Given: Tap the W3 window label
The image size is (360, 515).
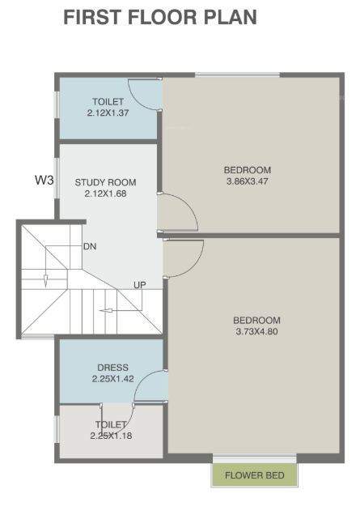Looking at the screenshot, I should (44, 180).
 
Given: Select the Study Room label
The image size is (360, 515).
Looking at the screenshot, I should (105, 182).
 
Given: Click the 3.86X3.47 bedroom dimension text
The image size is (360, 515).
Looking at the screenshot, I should (247, 181).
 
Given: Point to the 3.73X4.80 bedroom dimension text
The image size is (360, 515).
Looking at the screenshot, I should (256, 330).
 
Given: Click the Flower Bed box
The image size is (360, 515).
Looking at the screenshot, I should (254, 475).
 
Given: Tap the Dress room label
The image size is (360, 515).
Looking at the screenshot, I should (112, 368).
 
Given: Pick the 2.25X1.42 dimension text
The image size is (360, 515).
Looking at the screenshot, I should (112, 378).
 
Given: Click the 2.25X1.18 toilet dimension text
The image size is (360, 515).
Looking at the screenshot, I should (111, 436).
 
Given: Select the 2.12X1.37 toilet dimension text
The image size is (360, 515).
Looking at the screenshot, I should (108, 114).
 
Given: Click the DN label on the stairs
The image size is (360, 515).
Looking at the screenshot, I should (90, 246).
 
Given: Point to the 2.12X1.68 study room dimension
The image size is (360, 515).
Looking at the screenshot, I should (105, 194).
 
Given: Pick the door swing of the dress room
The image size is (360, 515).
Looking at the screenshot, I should (150, 385).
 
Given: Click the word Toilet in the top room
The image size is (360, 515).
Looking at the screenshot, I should (108, 102).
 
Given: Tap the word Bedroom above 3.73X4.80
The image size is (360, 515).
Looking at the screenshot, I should (256, 319).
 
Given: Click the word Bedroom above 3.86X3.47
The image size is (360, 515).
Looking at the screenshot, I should (247, 170).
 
